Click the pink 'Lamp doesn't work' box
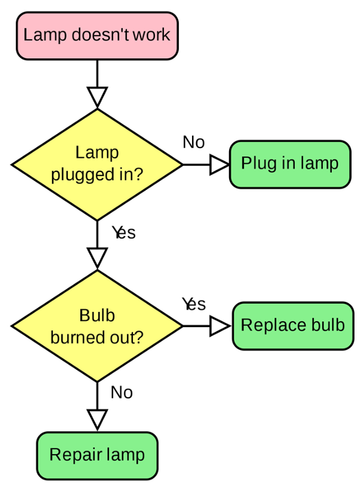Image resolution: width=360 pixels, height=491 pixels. point(97,36)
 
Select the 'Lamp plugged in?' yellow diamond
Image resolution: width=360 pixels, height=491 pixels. point(97,165)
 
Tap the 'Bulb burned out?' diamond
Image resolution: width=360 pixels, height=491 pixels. point(97,326)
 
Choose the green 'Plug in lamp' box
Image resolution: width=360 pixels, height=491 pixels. point(290,165)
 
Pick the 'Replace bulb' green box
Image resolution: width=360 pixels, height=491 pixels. point(293,326)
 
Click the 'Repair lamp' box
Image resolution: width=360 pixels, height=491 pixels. point(97,455)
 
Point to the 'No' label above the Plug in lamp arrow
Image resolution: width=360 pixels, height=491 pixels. point(194,143)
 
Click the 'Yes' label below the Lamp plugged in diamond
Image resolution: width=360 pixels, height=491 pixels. point(123,232)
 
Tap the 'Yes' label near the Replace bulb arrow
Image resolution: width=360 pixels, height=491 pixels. point(194,304)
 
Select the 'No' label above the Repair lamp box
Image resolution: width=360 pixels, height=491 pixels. point(122,392)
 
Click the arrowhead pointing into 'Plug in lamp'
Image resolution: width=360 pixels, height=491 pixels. point(219,165)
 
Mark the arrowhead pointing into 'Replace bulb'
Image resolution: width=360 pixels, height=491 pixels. point(220,326)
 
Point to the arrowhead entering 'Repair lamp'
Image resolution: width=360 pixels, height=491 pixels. point(97,420)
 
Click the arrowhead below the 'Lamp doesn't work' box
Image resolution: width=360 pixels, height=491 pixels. point(97,97)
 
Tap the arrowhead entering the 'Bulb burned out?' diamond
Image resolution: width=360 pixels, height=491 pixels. point(97,259)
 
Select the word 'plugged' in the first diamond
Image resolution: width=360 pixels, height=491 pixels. point(83,175)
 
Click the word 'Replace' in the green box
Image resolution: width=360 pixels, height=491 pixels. point(269,325)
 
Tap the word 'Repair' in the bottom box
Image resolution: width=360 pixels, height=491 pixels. point(75,455)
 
